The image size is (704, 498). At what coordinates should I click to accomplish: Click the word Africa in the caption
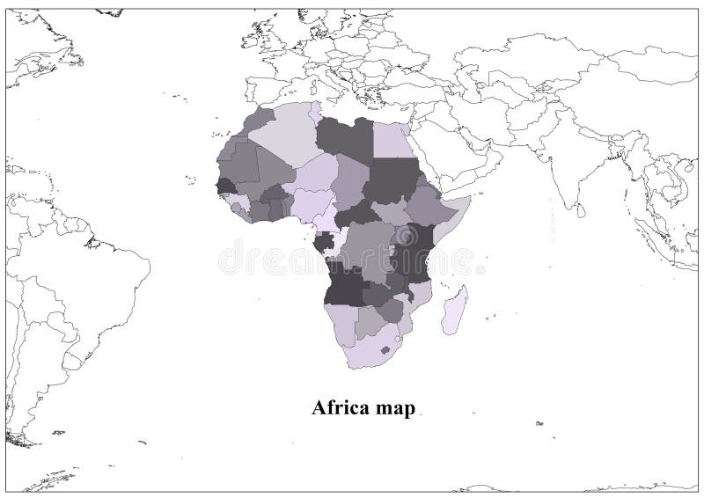[x=339, y=408]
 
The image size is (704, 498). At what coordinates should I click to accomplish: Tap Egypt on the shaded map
[x=389, y=139]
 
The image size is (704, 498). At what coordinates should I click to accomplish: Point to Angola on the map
[x=346, y=282]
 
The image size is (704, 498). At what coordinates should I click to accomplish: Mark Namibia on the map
[x=340, y=320]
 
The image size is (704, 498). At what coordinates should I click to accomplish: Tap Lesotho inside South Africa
[x=385, y=350]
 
